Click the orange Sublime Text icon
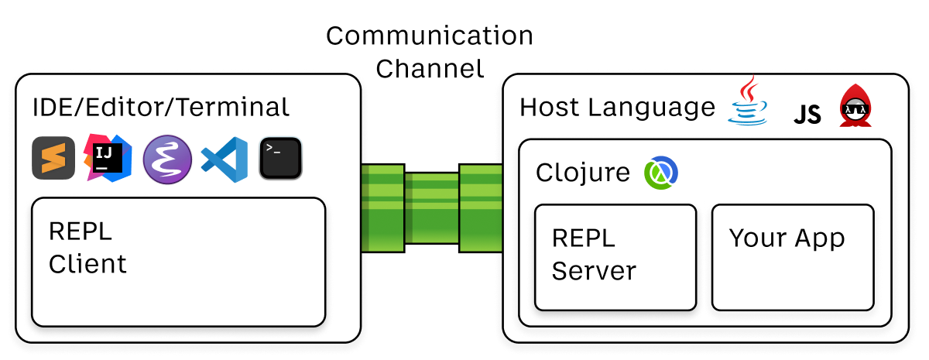point(50,159)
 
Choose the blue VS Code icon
point(225,159)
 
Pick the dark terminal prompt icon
point(280,158)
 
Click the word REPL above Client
point(80,231)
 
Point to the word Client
point(87,264)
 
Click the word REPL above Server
point(584,238)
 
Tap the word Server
point(594,271)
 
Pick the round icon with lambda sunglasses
point(854,112)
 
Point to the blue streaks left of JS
point(756,112)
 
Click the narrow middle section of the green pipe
point(432,207)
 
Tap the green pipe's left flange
point(382,207)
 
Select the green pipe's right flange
point(481,207)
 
